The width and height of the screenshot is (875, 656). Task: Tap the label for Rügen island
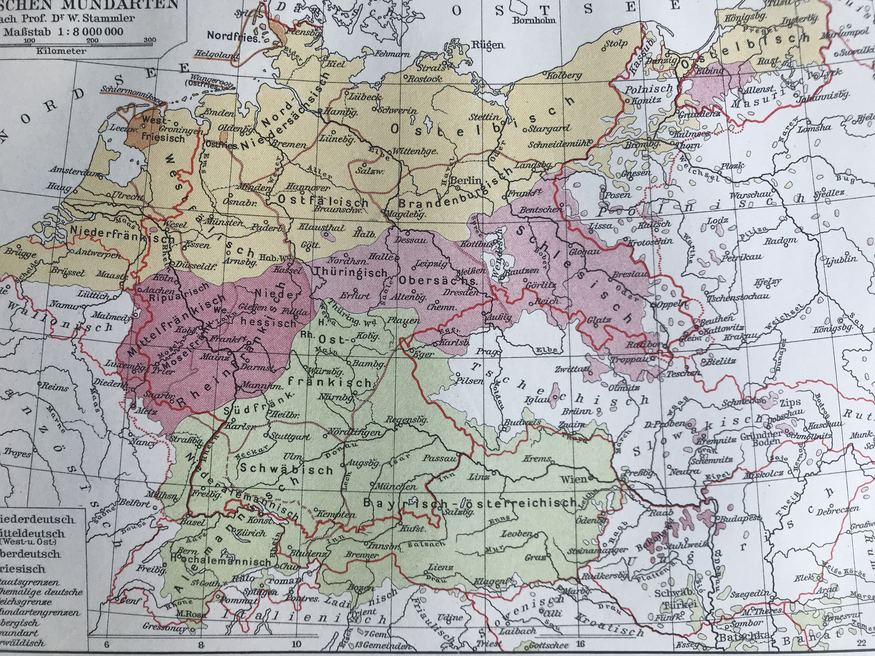click(487, 45)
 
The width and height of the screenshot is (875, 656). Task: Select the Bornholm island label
click(534, 20)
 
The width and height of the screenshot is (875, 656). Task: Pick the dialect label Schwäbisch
click(286, 469)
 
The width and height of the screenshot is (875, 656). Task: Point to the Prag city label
click(483, 351)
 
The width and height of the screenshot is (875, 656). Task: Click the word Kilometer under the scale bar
click(61, 51)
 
